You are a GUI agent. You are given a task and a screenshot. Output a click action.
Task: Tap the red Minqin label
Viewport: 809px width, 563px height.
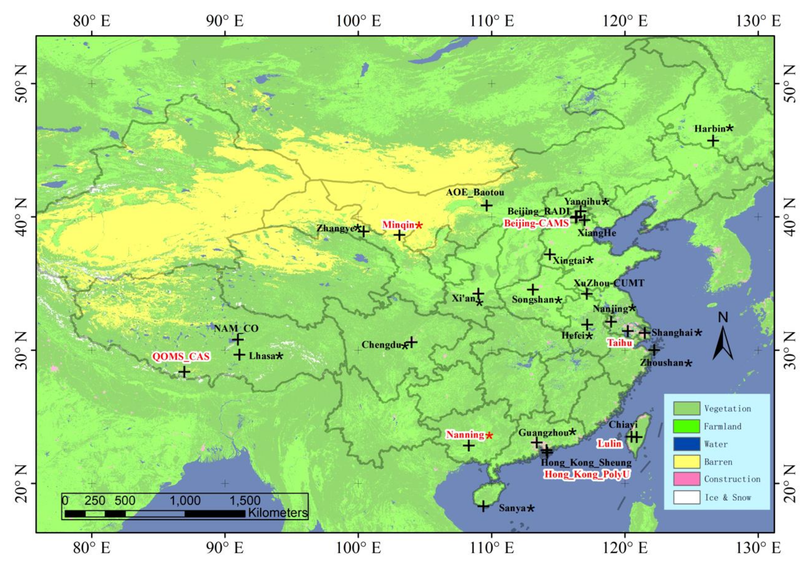point(398,225)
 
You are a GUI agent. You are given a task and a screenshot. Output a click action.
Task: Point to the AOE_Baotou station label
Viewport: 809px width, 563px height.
point(475,192)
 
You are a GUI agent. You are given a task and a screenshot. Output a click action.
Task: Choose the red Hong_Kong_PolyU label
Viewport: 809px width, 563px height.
point(587,474)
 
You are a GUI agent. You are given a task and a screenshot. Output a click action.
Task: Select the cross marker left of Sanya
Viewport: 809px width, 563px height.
point(483,507)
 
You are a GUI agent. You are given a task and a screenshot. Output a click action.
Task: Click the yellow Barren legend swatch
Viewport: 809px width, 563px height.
point(686,462)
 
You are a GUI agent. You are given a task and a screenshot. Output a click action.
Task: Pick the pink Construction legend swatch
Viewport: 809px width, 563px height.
point(686,479)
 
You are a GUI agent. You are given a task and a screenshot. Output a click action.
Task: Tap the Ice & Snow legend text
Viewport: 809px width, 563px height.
point(728,497)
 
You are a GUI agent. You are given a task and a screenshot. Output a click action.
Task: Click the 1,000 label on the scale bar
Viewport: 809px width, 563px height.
point(185,501)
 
